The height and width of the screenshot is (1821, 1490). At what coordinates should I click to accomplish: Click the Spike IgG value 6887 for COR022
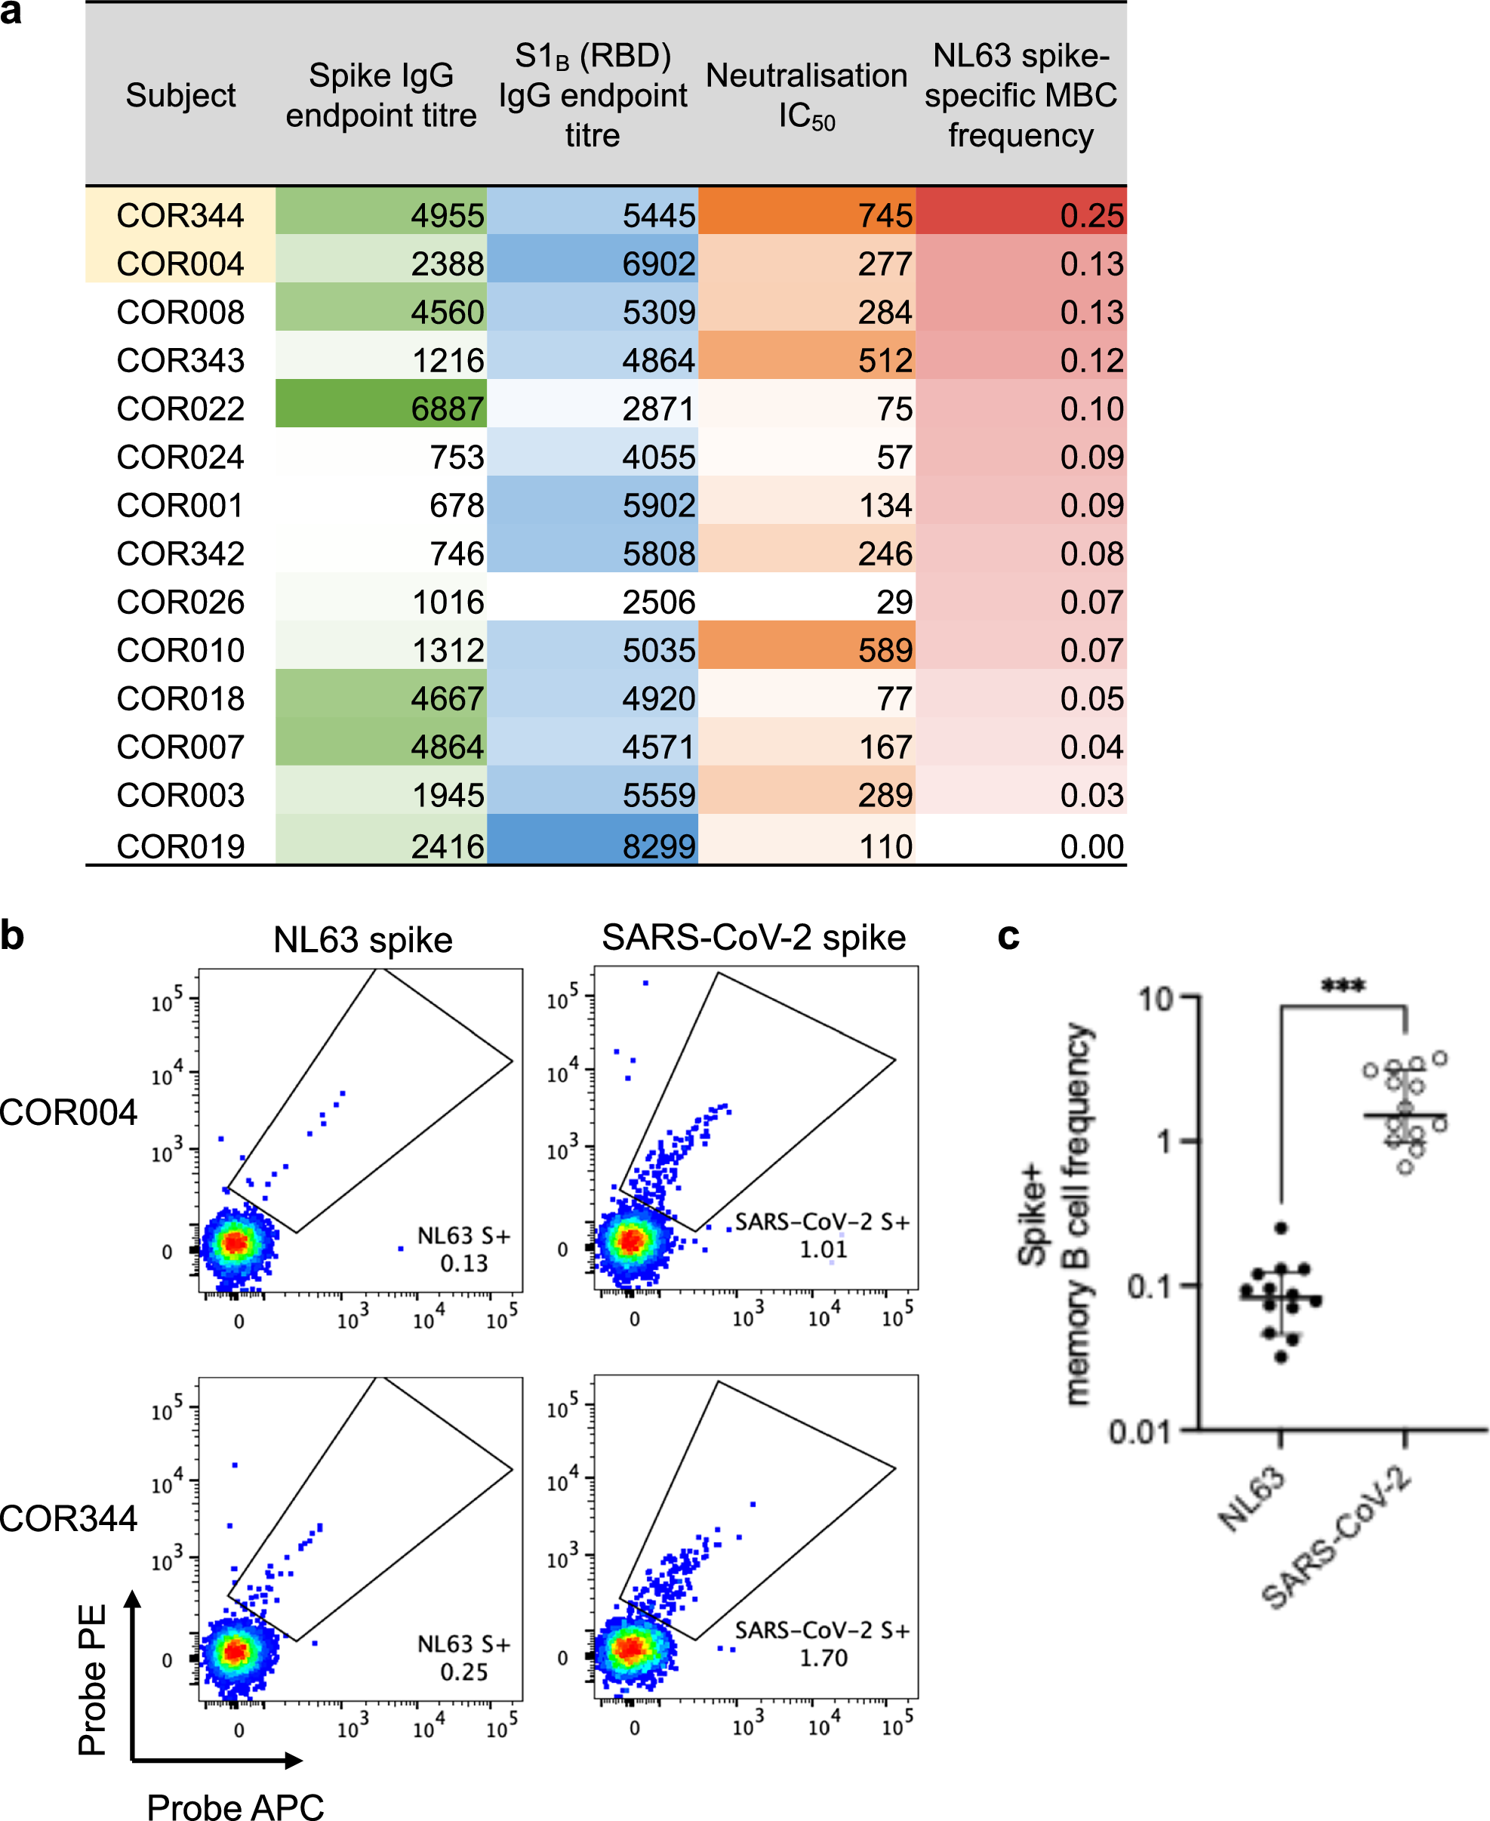pos(447,408)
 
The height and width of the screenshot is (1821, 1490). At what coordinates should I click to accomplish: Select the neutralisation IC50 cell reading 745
pos(885,215)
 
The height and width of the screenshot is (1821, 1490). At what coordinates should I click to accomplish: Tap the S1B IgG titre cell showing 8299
pos(658,846)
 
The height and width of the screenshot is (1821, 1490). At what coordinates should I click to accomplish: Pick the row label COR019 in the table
pos(180,846)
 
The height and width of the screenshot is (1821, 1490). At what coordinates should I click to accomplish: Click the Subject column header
pos(180,95)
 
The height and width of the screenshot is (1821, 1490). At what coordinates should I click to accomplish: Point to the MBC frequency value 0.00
pos(1091,846)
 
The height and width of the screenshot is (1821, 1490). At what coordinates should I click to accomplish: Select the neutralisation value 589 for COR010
pos(885,650)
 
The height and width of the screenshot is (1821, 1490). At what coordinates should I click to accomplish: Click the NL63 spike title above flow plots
pos(362,939)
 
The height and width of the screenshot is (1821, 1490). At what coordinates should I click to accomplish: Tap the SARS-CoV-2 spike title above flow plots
pos(753,938)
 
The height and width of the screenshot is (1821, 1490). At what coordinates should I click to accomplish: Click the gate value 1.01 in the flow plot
pos(823,1249)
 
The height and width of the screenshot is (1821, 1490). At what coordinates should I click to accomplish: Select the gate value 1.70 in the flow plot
pos(823,1658)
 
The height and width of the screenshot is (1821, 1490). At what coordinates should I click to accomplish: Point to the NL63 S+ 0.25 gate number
pos(463,1672)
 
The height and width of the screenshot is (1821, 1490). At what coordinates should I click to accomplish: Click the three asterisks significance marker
pos(1342,986)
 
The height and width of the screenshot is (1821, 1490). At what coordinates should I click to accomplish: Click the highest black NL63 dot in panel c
pos(1281,1228)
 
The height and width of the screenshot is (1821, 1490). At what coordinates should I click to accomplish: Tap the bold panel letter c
pos(1008,936)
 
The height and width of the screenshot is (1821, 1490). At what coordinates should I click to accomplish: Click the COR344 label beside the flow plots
pos(69,1518)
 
